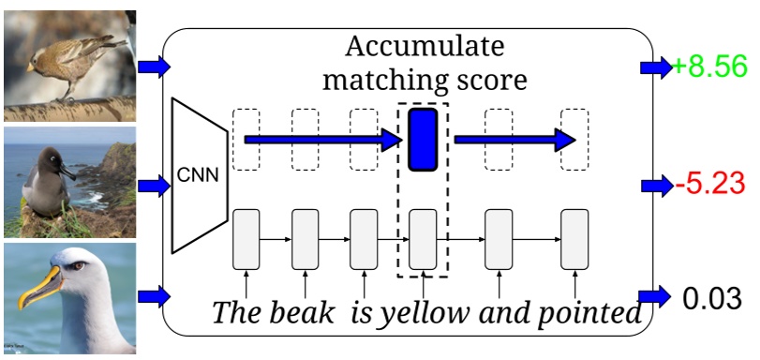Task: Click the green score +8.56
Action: click(x=708, y=67)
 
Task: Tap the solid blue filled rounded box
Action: click(x=423, y=140)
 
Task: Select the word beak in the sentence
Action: click(x=303, y=313)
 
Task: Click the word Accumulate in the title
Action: click(x=424, y=46)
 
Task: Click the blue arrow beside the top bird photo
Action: click(x=154, y=67)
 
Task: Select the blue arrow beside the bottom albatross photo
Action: click(x=154, y=298)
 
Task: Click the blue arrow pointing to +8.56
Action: click(x=654, y=67)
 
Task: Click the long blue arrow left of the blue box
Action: click(x=323, y=141)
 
